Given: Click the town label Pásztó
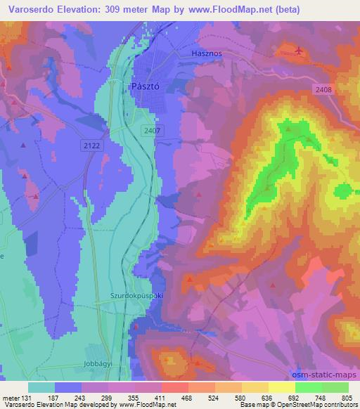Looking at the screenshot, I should point(147,85).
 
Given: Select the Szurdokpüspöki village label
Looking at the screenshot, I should point(137,297).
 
